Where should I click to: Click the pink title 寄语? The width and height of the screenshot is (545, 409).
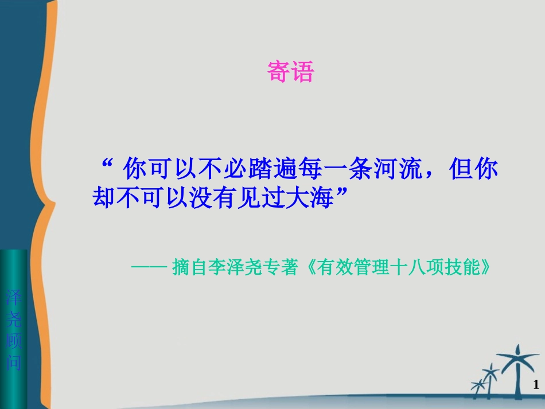(291, 72)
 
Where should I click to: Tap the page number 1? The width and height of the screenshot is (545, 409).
(536, 384)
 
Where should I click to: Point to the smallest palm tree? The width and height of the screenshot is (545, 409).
(478, 386)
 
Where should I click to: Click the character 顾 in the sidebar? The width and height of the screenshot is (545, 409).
(14, 341)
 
